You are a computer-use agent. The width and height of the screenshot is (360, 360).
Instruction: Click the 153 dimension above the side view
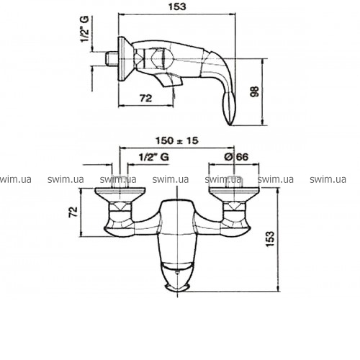177,6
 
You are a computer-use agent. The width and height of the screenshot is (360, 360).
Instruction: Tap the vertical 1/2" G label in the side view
85,29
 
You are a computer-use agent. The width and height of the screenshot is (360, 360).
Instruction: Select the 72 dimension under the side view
145,98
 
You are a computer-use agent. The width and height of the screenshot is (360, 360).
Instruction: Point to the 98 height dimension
255,91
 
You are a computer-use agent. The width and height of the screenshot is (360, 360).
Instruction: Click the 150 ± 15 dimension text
177,140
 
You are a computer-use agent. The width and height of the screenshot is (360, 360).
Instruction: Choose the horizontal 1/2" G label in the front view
154,157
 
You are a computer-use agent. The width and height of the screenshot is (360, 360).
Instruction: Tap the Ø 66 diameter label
236,157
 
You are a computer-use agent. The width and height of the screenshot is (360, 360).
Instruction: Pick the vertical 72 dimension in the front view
73,212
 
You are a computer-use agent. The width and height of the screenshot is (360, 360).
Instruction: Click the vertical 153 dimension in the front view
270,238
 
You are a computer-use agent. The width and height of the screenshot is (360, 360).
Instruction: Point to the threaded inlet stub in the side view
112,58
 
